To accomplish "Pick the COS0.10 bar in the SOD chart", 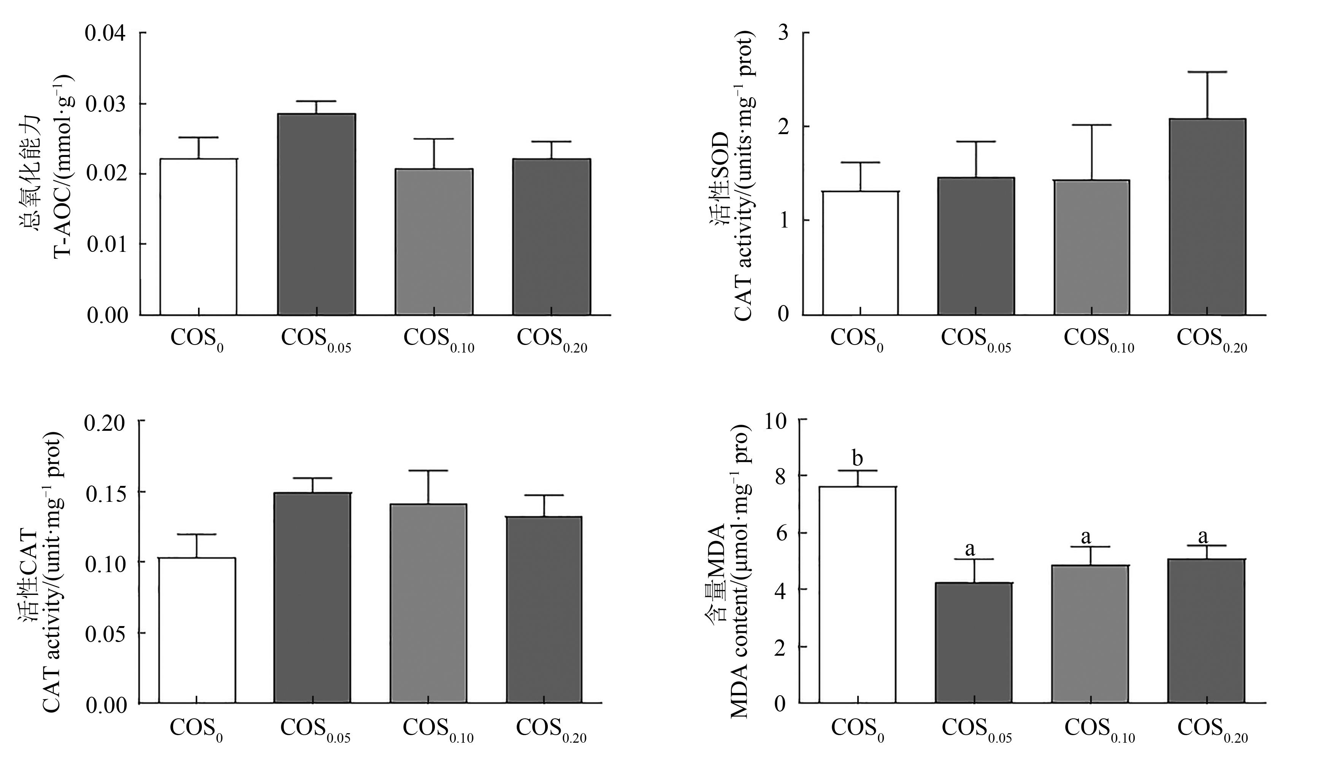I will coord(1091,248).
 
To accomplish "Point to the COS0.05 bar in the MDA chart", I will coord(974,643).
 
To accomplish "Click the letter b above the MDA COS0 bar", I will coord(857,458).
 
